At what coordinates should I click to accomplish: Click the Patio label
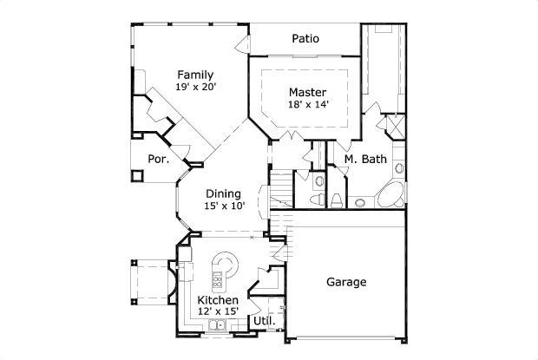click(305, 38)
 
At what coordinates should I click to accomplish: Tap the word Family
click(195, 75)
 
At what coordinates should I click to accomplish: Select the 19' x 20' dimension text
click(195, 88)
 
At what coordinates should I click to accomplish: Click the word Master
click(307, 92)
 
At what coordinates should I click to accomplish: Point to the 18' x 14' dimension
click(308, 105)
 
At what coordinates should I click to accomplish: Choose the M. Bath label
click(364, 159)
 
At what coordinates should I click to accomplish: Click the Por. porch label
click(157, 159)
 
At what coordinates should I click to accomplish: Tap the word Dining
click(223, 193)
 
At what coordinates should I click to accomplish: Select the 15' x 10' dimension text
click(224, 206)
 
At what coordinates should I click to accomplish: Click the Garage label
click(346, 282)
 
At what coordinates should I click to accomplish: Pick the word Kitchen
click(218, 299)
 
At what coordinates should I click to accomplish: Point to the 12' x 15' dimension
click(218, 311)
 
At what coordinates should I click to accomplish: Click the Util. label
click(264, 321)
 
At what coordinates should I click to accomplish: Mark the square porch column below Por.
click(136, 175)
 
